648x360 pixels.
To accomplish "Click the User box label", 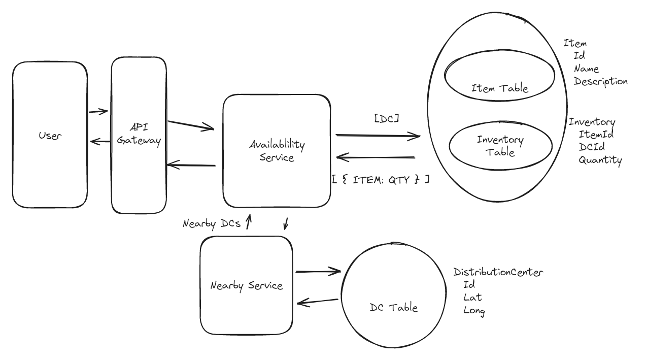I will click(50, 136).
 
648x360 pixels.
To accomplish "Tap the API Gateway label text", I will click(139, 134).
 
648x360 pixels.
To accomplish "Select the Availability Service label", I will click(277, 151).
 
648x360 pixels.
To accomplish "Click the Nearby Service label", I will click(246, 285).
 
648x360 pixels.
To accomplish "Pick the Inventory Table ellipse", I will click(500, 145).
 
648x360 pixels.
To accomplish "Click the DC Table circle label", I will click(394, 307).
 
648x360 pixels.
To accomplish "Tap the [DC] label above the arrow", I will click(386, 118).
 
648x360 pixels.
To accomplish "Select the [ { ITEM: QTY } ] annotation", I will click(381, 179).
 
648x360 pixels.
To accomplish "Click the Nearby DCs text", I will click(212, 223).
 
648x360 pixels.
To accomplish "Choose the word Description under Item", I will click(601, 81).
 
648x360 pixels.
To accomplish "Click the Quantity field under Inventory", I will click(600, 160).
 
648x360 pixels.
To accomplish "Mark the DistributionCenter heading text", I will click(498, 272).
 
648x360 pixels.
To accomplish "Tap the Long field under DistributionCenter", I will click(474, 311).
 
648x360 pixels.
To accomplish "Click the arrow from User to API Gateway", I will click(98, 112).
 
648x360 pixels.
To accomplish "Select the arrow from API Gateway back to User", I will click(99, 142).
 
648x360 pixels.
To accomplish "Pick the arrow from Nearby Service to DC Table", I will click(318, 272).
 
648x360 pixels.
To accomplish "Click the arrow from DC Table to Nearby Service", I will click(318, 302).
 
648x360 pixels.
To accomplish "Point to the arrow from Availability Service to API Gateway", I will click(192, 165).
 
